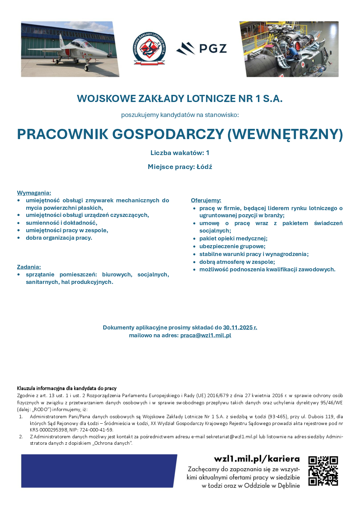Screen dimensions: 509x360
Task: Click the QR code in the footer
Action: click(323, 471)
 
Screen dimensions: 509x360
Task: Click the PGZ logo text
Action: click(213, 49)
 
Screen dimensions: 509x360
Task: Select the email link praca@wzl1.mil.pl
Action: click(206, 335)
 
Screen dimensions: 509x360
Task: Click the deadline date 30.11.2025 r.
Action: click(240, 327)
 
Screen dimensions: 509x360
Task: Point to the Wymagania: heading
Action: click(34, 193)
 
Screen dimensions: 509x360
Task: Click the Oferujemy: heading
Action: click(206, 200)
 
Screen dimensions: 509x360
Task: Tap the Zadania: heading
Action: click(29, 267)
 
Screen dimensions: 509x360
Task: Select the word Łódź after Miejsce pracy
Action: click(204, 167)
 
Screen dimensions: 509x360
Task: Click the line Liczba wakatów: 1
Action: click(180, 153)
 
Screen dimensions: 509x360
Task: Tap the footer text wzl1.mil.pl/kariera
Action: click(257, 459)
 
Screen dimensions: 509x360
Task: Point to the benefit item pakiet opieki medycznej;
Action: click(233, 238)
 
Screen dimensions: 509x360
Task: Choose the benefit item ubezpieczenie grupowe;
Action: click(232, 246)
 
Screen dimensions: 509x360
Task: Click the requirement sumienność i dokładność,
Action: click(62, 223)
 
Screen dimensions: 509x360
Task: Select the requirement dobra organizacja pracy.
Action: click(59, 238)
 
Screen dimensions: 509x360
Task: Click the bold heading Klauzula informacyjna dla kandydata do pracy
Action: click(67, 388)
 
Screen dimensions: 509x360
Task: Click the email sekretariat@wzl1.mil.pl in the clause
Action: click(232, 437)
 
